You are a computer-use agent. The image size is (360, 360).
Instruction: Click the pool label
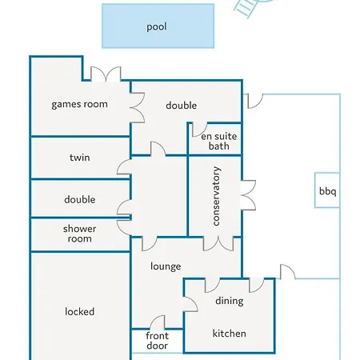point(157,27)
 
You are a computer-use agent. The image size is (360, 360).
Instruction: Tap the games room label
point(79,104)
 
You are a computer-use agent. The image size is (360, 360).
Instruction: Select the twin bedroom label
point(80,158)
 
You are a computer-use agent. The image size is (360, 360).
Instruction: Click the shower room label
point(80,234)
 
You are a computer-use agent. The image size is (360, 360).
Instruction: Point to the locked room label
point(80,311)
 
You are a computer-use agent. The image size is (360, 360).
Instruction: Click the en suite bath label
point(219,142)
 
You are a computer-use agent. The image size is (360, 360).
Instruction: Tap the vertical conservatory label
point(216,196)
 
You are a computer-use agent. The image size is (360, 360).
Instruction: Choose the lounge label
point(166,266)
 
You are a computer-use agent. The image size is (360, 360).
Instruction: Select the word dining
point(230,301)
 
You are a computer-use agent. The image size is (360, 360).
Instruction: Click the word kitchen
point(230,334)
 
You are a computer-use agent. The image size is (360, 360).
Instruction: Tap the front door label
point(157,341)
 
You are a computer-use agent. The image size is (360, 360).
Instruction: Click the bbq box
point(327,190)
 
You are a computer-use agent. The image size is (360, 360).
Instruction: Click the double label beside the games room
point(182,106)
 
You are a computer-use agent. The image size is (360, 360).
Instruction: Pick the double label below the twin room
point(80,199)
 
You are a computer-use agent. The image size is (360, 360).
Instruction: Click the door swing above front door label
point(158,322)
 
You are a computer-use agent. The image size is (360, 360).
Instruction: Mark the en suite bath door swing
point(199,130)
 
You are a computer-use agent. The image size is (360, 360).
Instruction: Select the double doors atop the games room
point(106,74)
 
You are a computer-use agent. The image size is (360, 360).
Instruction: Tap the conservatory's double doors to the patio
point(248,195)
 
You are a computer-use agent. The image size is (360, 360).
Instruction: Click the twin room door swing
point(124,167)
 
